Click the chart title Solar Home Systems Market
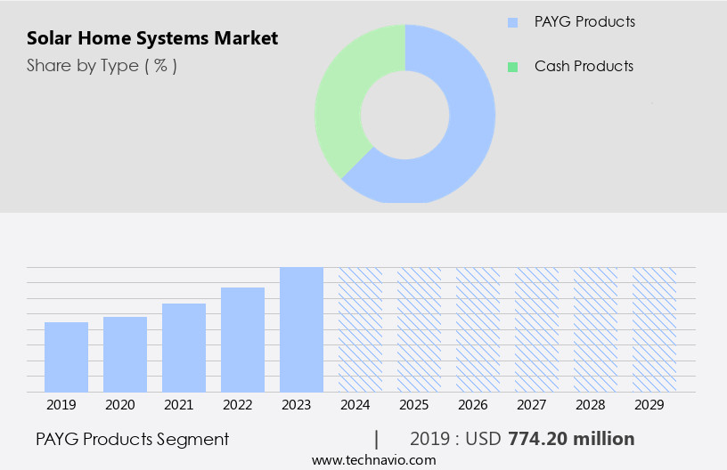tap(152, 38)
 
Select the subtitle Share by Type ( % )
tap(102, 65)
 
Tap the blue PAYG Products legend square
tap(512, 22)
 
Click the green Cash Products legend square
tap(512, 67)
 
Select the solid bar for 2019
tap(66, 357)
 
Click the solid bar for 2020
tap(125, 354)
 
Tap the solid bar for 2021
tap(184, 348)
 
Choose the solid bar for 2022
tap(242, 340)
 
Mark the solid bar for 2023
tap(301, 329)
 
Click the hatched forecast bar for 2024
tap(360, 329)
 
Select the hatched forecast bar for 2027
tap(536, 329)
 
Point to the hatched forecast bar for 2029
tap(654, 329)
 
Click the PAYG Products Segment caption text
tap(133, 439)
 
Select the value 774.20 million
tap(571, 439)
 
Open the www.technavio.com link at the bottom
tap(374, 460)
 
